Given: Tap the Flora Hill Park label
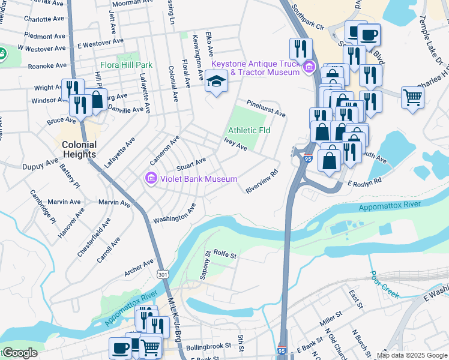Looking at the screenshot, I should pos(127,65).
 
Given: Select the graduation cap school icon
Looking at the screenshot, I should pos(215,82).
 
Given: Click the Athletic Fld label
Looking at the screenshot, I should pos(249,130).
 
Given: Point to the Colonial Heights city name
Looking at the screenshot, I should pos(79,149).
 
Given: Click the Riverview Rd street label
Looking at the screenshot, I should pos(262,181).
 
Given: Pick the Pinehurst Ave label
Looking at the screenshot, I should pos(265,108).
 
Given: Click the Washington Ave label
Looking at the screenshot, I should pos(174,214).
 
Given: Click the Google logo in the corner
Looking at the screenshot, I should pos(19,353).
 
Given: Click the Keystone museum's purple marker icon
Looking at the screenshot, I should pos(310,67).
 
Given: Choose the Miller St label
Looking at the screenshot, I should pos(331,317).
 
